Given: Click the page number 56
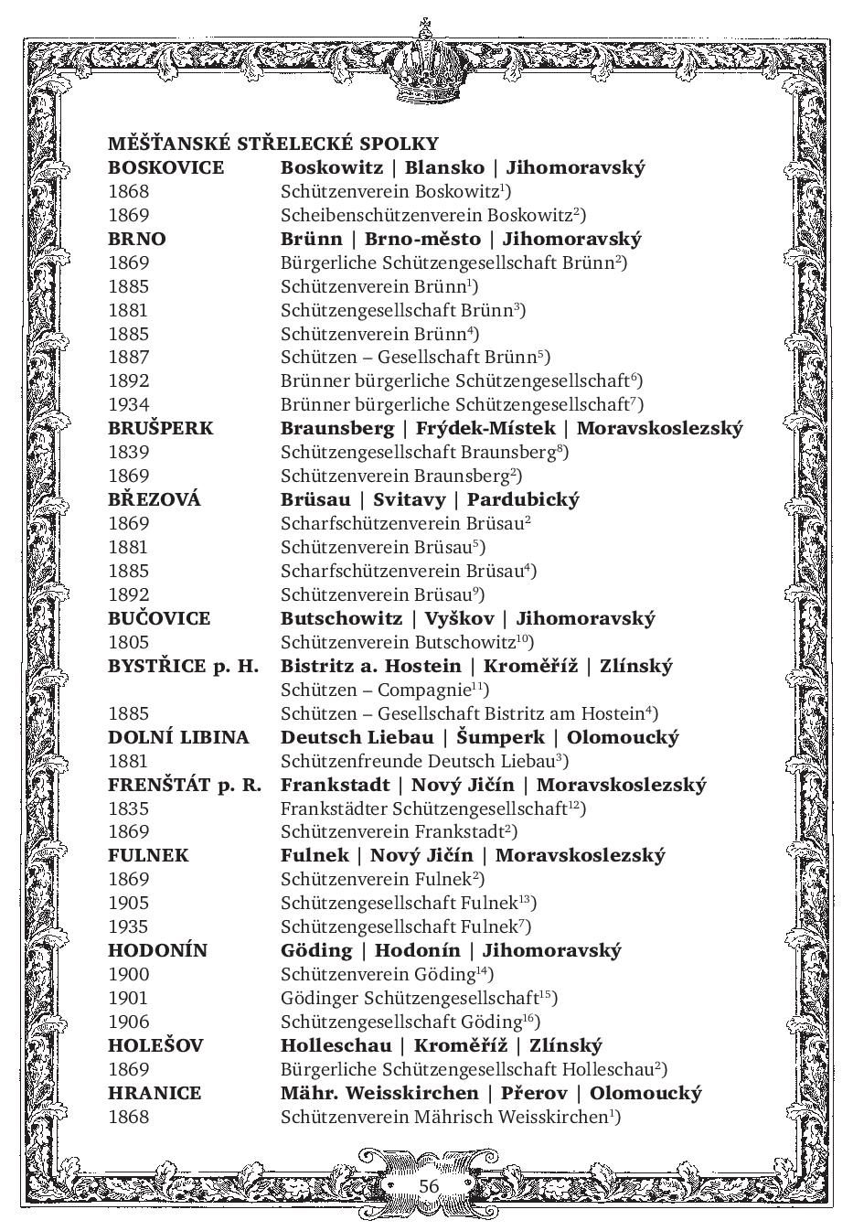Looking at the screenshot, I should coord(429,1185).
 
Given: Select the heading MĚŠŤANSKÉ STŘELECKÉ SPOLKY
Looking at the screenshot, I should coord(273,144).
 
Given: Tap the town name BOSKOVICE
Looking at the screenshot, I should coord(165,167).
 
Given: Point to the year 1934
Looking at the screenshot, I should coord(128,404).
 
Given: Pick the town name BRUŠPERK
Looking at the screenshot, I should coord(160,428).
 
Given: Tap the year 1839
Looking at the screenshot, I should coord(128,452).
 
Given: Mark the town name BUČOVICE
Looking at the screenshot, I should coord(159,618).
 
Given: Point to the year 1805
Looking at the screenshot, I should coord(128,642).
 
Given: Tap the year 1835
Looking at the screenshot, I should coord(128,808).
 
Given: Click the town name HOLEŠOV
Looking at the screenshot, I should coord(155,1045).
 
